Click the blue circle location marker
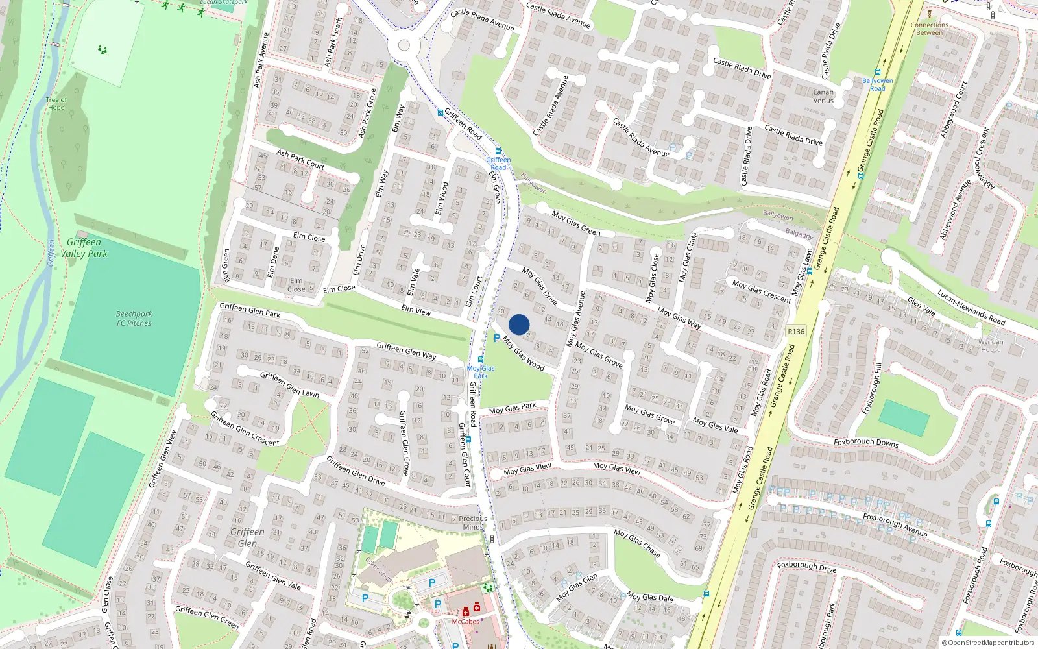[519, 324]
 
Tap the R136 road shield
[796, 332]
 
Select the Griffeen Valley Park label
[84, 248]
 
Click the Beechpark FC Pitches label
[134, 318]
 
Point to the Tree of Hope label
[56, 104]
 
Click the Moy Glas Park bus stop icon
[481, 360]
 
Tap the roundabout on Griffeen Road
[404, 45]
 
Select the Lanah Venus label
[823, 96]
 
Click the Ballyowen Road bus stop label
[877, 84]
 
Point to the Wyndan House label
[991, 345]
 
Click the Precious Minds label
[473, 522]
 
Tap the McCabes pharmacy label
[466, 622]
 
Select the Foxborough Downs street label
[866, 442]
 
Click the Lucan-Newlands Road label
[971, 307]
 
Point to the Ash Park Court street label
[300, 160]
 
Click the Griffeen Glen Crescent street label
[245, 429]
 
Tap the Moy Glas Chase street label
[637, 543]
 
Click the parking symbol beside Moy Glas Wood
[497, 338]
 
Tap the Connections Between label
[930, 29]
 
